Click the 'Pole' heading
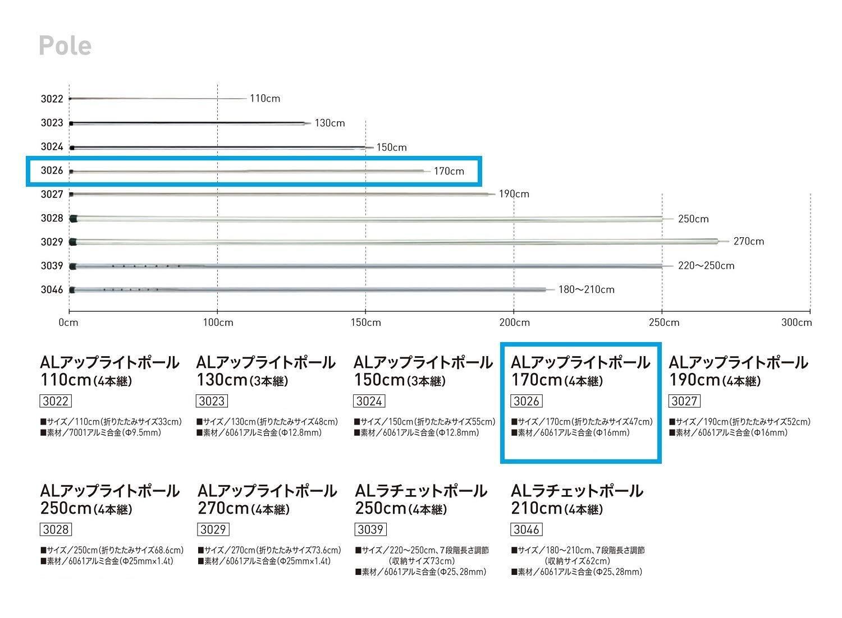[x=65, y=45]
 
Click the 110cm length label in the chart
[x=264, y=99]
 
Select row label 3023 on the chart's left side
[x=52, y=123]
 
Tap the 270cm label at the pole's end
[x=749, y=242]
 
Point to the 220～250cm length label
[x=706, y=266]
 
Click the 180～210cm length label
[x=586, y=290]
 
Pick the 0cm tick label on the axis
[x=68, y=322]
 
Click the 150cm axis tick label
[x=366, y=322]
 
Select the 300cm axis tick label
[x=797, y=322]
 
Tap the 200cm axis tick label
[x=514, y=322]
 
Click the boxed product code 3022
[x=56, y=402]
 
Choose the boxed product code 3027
[x=684, y=402]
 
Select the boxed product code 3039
[x=370, y=530]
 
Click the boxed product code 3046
[x=527, y=530]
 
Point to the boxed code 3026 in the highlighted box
[x=527, y=402]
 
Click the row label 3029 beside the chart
[x=52, y=242]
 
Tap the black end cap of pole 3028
[x=73, y=218]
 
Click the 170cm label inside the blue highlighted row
[x=449, y=172]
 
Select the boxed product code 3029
[x=213, y=530]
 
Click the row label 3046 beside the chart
[x=52, y=290]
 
